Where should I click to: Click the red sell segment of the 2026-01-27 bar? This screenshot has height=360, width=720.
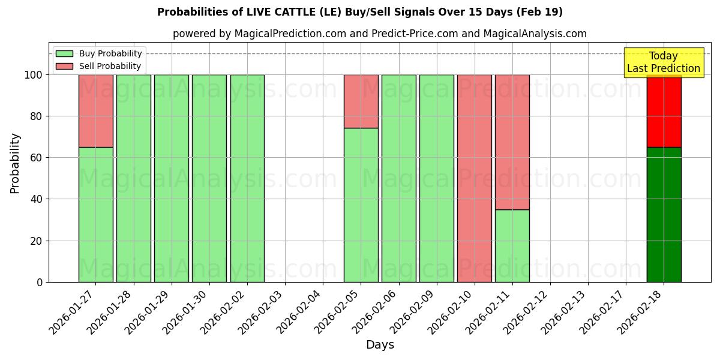pos(95,110)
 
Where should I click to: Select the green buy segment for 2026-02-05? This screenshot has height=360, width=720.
pos(361,205)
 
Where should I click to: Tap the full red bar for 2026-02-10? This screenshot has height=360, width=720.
pos(474,178)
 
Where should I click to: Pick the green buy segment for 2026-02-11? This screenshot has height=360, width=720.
pos(512,245)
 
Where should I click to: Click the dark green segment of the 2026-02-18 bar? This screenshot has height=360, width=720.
pos(664,214)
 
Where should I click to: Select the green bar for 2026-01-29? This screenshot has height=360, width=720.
pos(171,178)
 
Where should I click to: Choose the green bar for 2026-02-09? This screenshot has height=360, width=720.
pos(436,178)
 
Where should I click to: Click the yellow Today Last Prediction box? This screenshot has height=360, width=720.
pos(663,62)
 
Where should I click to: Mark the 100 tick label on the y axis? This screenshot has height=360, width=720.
pos(34,75)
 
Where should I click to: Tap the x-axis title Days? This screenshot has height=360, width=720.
pos(380,345)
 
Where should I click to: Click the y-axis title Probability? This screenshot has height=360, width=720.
pos(15,163)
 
